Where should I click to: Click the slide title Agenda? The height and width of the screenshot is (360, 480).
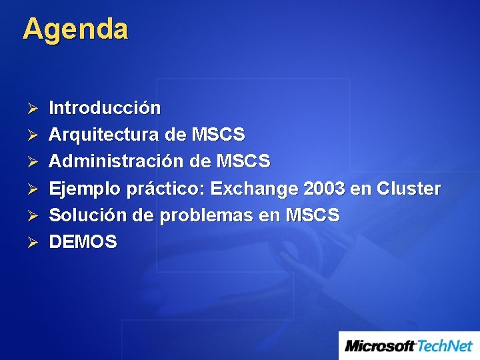tap(75, 30)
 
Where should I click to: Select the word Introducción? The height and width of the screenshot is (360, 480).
tap(105, 108)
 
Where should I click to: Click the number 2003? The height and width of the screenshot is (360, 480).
tap(324, 189)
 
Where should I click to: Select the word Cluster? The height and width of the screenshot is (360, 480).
tap(409, 189)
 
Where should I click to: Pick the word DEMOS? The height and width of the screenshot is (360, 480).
tap(83, 242)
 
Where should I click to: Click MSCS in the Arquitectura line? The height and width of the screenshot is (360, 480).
tap(218, 135)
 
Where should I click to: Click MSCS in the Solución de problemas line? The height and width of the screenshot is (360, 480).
tap(312, 215)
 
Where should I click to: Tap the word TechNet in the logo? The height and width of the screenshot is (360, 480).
tap(445, 346)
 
